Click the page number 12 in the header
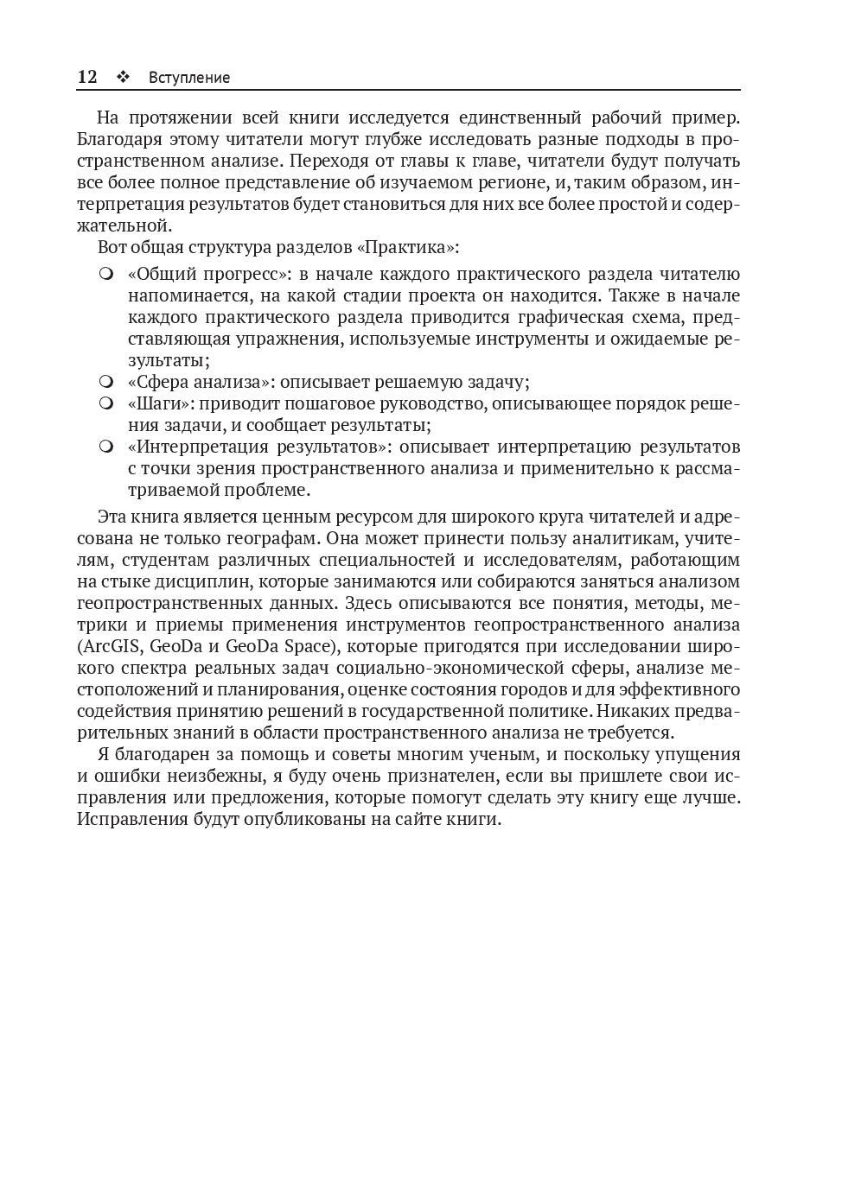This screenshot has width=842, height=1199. (x=87, y=77)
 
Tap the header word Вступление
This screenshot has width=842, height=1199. (x=189, y=78)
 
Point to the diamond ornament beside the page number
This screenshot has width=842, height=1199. (x=123, y=77)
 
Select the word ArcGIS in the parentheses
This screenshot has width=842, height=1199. (x=112, y=646)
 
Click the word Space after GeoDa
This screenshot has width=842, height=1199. (x=307, y=646)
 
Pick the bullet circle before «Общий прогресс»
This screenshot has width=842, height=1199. (x=106, y=275)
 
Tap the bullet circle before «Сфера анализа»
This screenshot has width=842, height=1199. (x=106, y=382)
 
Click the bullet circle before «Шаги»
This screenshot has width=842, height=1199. (x=106, y=403)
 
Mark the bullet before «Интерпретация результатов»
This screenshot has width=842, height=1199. (x=106, y=447)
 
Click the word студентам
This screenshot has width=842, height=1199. (x=159, y=560)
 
